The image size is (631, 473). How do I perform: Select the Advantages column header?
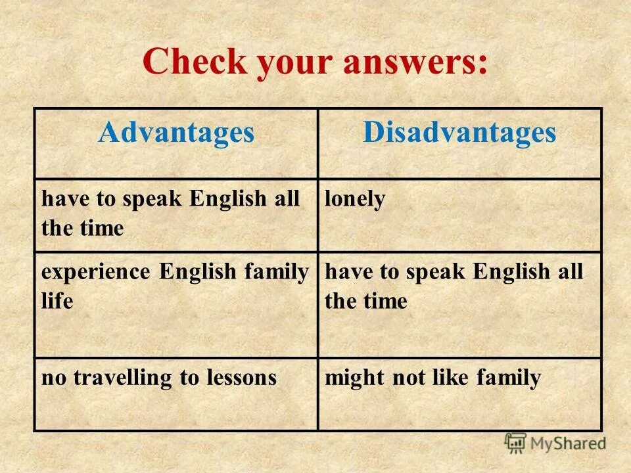pyautogui.click(x=176, y=133)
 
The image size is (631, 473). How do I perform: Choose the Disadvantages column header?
pyautogui.click(x=459, y=133)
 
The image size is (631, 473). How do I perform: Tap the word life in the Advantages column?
pyautogui.click(x=57, y=302)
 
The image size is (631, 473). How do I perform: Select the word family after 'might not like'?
pyautogui.click(x=509, y=378)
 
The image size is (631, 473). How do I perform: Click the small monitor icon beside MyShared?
pyautogui.click(x=516, y=442)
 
